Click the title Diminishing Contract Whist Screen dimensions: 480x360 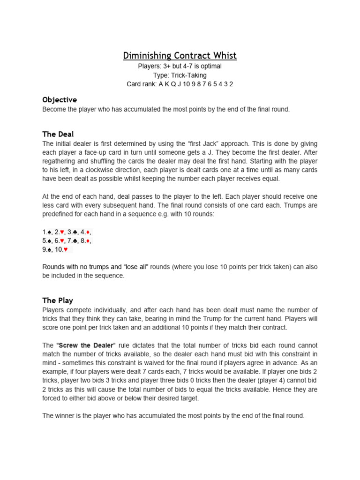coord(180,56)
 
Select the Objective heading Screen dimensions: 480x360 coord(60,100)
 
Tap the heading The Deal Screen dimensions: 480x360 coord(58,134)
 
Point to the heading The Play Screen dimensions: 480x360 coord(58,300)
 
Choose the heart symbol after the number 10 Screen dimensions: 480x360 coord(65,250)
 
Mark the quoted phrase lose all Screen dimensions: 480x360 coord(136,267)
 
